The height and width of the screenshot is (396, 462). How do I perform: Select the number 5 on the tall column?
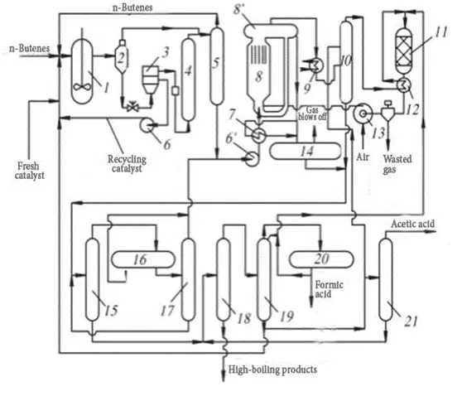click(216, 63)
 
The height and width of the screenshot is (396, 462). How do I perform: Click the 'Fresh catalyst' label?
click(30, 171)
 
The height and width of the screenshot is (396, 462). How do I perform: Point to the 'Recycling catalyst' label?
click(127, 164)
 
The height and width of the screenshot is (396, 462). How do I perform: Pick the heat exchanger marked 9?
click(315, 65)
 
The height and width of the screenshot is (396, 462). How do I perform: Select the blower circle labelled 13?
click(363, 113)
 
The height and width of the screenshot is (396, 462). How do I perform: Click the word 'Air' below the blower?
click(363, 157)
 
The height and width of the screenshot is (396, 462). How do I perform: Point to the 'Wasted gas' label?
click(397, 165)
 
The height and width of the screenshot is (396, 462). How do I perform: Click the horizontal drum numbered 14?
click(306, 151)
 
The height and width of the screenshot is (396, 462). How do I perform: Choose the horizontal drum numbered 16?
click(143, 259)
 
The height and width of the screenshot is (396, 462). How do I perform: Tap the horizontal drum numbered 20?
click(321, 259)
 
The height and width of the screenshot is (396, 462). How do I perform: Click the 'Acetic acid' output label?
click(412, 224)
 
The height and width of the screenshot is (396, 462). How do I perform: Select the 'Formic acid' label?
click(330, 290)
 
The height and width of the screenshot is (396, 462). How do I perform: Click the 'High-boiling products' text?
click(272, 369)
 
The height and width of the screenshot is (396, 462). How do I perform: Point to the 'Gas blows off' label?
click(312, 113)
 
